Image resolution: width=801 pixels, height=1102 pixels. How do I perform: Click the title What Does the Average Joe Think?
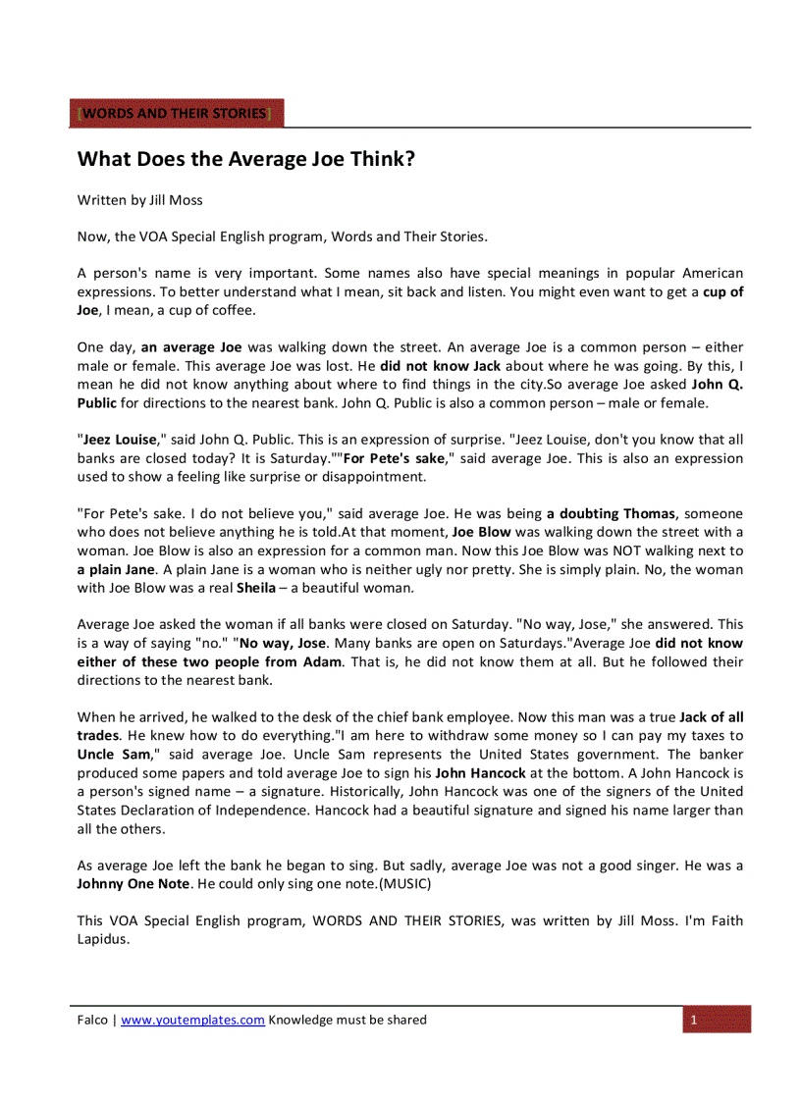tap(245, 159)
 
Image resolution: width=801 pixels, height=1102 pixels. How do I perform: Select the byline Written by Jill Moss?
tap(140, 200)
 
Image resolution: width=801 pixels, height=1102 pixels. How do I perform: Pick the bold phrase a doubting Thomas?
tap(611, 513)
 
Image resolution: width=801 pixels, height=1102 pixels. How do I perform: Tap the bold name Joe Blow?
tap(481, 532)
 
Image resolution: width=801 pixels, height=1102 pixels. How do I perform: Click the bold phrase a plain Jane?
tap(116, 569)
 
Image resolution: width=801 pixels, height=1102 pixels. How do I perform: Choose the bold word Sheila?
tap(255, 588)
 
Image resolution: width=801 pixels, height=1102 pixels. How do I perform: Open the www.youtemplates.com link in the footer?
tap(192, 1020)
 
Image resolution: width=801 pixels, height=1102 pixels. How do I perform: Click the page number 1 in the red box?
tap(693, 1020)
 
